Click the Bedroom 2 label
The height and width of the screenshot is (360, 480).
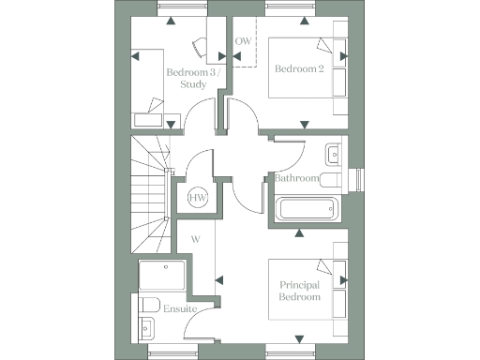tap(299, 68)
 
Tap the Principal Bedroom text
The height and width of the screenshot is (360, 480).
tap(300, 291)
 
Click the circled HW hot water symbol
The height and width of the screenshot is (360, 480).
tap(198, 198)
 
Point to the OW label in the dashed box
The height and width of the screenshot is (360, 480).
tap(243, 42)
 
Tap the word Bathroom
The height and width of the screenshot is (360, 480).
tap(296, 178)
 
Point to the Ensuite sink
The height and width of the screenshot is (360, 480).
tap(146, 328)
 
